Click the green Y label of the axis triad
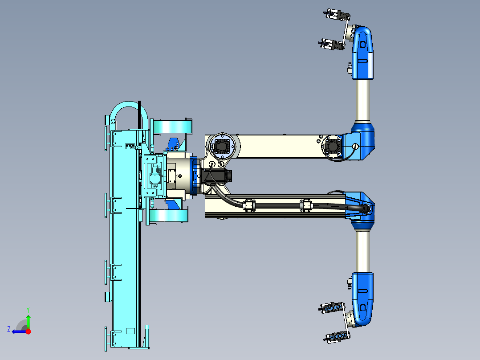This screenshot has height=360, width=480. click(28, 310)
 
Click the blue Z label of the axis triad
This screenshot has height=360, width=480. click(9, 329)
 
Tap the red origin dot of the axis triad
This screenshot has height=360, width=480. click(28, 331)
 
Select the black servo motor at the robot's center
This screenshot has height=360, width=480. click(218, 176)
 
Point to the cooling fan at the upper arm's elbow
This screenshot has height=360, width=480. click(333, 147)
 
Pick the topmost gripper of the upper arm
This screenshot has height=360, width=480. click(336, 15)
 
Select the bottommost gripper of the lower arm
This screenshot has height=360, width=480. click(336, 336)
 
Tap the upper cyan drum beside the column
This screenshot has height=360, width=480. click(172, 127)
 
